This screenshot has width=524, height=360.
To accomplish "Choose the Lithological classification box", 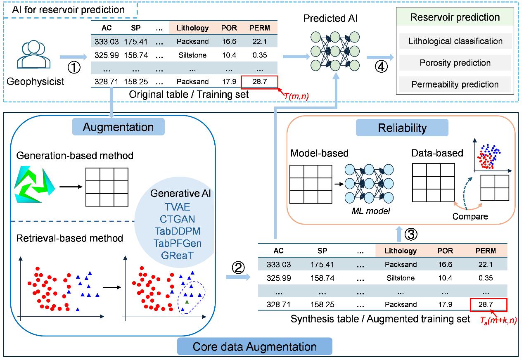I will (455, 41).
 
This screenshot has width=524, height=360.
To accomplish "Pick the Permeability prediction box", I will (455, 84).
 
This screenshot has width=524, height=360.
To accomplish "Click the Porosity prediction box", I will (455, 63).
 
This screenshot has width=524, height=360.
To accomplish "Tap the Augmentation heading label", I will (118, 127).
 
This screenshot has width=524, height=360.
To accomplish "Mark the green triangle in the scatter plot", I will (187, 302).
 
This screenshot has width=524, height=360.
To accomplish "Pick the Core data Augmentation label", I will (255, 346).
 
